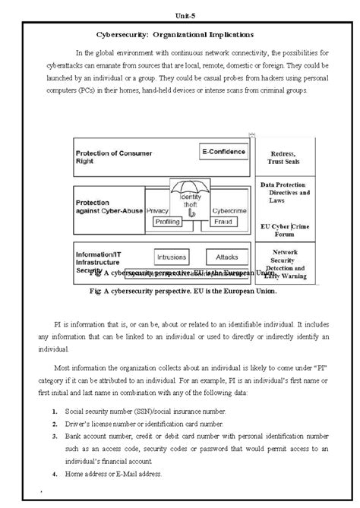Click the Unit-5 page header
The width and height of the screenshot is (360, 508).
tap(179, 7)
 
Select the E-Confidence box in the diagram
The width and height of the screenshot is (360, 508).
tap(223, 151)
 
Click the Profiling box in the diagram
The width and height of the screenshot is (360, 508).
tap(168, 222)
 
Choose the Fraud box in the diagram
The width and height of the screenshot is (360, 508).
tap(224, 222)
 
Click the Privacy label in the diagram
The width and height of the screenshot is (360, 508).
tap(157, 210)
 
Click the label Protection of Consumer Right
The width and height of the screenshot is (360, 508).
tap(111, 157)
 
